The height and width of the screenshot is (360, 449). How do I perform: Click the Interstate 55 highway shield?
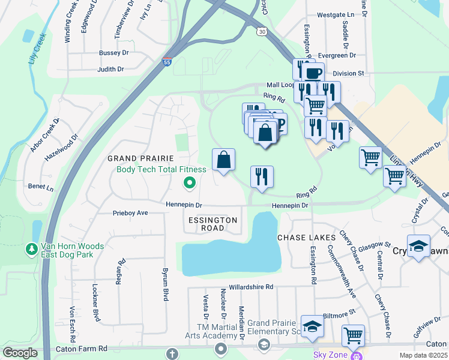[166, 62]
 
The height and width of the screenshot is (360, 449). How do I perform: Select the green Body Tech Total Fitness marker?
[190, 183]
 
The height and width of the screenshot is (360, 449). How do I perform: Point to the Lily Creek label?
[37, 49]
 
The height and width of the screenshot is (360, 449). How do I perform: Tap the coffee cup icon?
[312, 74]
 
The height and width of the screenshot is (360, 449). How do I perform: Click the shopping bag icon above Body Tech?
[223, 160]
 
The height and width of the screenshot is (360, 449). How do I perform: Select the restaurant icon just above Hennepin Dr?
[262, 176]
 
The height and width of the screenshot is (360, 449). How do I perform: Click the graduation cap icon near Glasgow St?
[418, 246]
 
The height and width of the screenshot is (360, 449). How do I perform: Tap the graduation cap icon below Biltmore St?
[312, 326]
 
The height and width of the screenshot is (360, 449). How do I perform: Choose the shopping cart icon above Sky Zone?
[353, 335]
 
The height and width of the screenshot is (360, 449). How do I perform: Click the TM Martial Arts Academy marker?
[221, 349]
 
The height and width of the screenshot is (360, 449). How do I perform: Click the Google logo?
[20, 353]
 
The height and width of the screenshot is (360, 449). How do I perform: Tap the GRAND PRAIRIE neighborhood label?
[136, 158]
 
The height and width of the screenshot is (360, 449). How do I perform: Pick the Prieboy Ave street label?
[130, 213]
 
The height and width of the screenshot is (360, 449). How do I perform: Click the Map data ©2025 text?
[423, 355]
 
